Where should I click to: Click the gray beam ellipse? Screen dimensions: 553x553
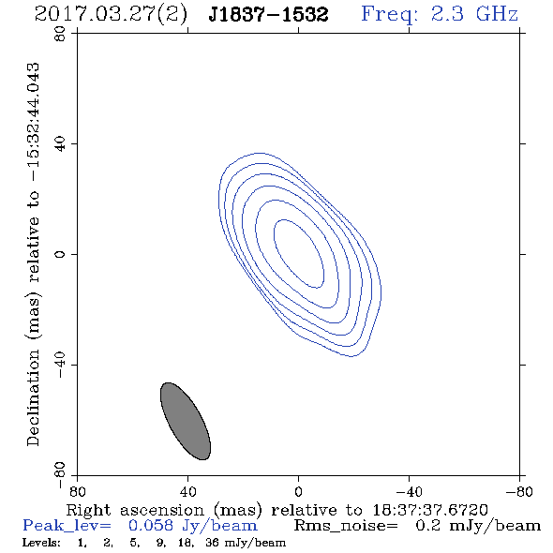pyautogui.click(x=186, y=421)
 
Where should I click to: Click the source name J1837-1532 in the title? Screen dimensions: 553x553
pyautogui.click(x=268, y=14)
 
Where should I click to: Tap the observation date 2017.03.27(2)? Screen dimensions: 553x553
pyautogui.click(x=111, y=14)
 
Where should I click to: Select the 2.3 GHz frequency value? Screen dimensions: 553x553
pyautogui.click(x=474, y=14)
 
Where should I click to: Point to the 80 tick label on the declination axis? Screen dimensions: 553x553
pyautogui.click(x=60, y=34)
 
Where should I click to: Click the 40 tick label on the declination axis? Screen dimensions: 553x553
pyautogui.click(x=60, y=144)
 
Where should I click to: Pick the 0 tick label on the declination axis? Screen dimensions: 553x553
pyautogui.click(x=60, y=254)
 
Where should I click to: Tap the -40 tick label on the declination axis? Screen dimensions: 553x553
pyautogui.click(x=60, y=365)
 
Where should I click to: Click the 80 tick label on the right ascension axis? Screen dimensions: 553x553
pyautogui.click(x=77, y=491)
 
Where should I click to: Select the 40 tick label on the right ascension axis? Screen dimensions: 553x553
pyautogui.click(x=187, y=491)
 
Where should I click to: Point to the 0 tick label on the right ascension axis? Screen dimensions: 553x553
pyautogui.click(x=298, y=491)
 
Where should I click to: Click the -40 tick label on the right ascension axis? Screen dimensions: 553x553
pyautogui.click(x=409, y=491)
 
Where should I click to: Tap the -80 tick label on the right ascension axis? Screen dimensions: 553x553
pyautogui.click(x=519, y=491)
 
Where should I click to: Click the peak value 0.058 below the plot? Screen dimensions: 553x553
pyautogui.click(x=151, y=525)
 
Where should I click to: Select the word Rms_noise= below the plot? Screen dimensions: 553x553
pyautogui.click(x=346, y=526)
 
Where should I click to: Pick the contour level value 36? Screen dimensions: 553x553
pyautogui.click(x=213, y=542)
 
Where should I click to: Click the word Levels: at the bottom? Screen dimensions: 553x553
pyautogui.click(x=41, y=542)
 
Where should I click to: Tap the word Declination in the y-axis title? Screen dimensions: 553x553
pyautogui.click(x=33, y=397)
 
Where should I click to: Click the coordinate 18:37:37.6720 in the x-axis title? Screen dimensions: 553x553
pyautogui.click(x=430, y=510)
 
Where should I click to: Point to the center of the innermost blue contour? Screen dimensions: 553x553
pyautogui.click(x=299, y=254)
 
